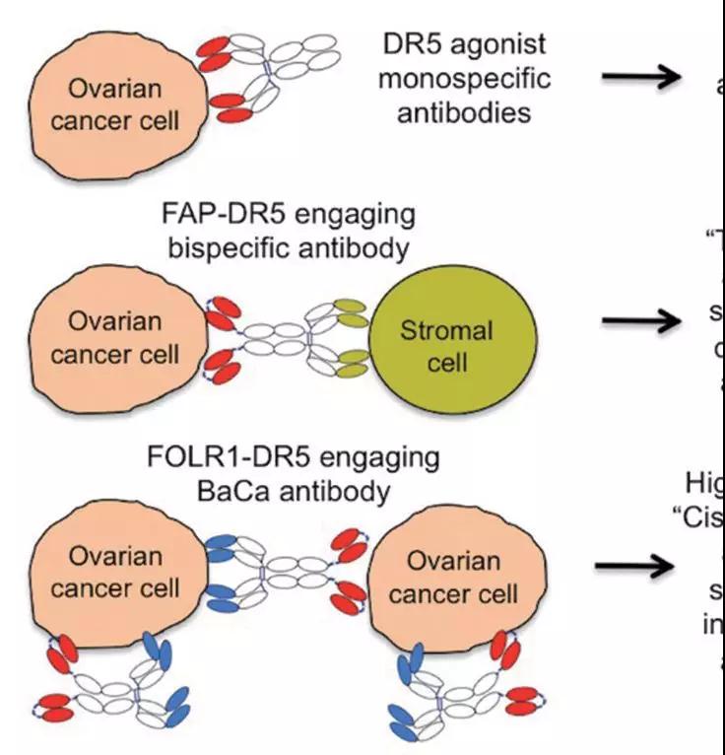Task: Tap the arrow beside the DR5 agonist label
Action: (641, 79)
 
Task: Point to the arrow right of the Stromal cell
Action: (641, 319)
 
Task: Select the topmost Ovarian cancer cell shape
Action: (119, 104)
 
